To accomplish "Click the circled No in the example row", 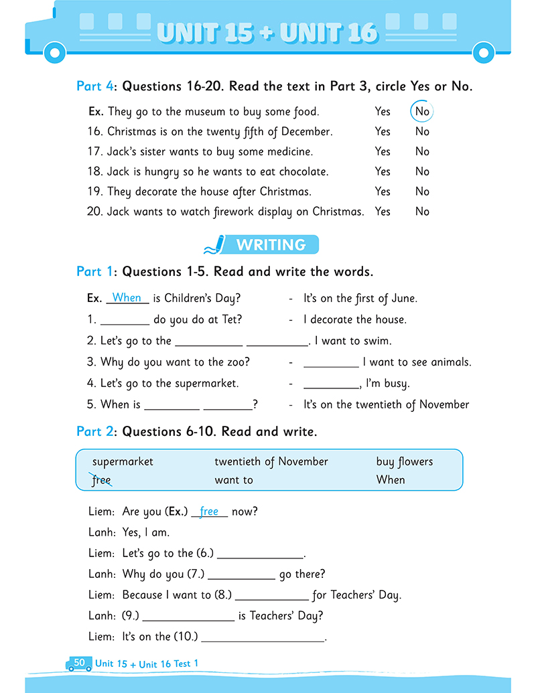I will pyautogui.click(x=422, y=112).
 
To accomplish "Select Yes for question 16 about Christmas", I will pyautogui.click(x=383, y=132).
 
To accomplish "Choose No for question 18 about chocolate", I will pyautogui.click(x=422, y=171).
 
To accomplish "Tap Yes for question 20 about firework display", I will pyautogui.click(x=383, y=212).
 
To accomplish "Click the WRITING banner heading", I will pyautogui.click(x=271, y=245).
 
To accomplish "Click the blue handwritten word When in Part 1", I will pyautogui.click(x=127, y=298).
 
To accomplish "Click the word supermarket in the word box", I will pyautogui.click(x=123, y=462).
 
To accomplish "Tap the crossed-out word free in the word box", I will pyautogui.click(x=101, y=480).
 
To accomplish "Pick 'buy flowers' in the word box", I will pyautogui.click(x=405, y=462).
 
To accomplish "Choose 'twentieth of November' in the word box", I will pyautogui.click(x=271, y=462).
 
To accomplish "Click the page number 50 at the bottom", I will pyautogui.click(x=79, y=663).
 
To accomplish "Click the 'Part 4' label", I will pyautogui.click(x=94, y=86).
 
